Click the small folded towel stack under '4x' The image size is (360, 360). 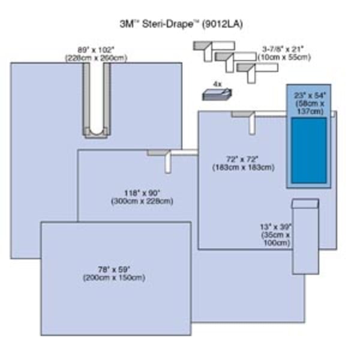coord(218,95)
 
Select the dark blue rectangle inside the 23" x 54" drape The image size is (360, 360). coord(309,151)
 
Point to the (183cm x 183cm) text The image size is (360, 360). coord(242,167)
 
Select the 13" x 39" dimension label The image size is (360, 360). coord(276,227)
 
